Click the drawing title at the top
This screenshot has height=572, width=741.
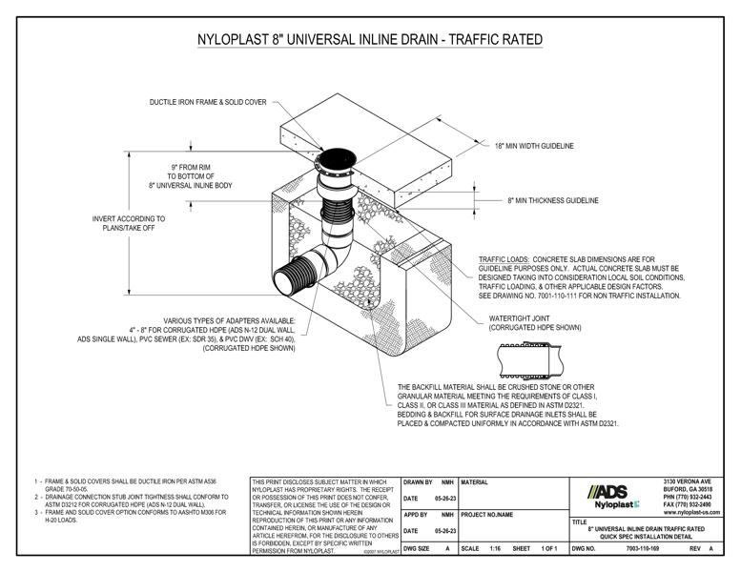coord(370,39)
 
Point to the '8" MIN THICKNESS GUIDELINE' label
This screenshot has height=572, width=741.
coord(553,201)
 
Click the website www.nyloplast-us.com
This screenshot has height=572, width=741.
coord(691,513)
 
